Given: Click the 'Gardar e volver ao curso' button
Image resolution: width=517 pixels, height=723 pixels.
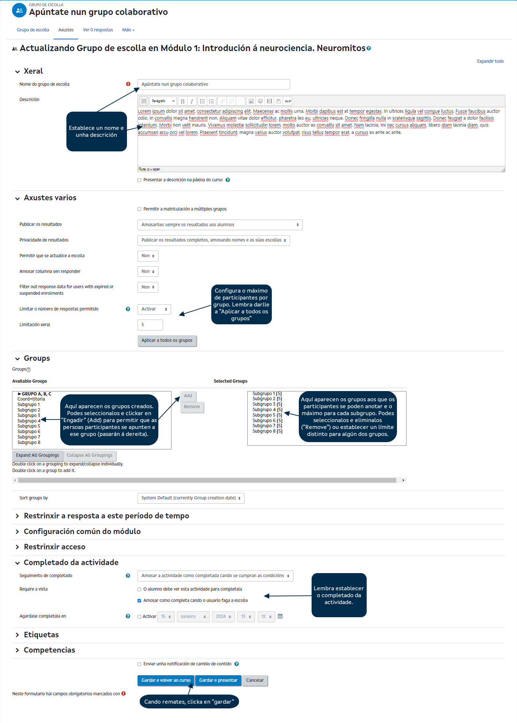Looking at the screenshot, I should (x=166, y=680).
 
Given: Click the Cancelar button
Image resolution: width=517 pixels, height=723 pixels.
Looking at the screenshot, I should (x=255, y=680).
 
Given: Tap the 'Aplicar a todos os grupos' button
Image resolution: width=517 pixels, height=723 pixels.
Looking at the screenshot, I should (x=167, y=340).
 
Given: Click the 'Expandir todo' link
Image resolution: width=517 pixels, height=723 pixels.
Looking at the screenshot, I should (x=490, y=61).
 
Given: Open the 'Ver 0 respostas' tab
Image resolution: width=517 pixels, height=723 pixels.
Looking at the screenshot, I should (x=98, y=30).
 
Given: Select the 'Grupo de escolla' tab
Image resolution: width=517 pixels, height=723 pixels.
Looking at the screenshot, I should (x=33, y=30).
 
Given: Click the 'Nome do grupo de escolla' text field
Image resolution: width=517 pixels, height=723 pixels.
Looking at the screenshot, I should (x=213, y=84).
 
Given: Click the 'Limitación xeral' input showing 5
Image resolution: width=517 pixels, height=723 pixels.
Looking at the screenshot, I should (x=150, y=325).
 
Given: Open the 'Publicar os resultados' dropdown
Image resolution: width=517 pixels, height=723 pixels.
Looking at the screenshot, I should (x=220, y=225).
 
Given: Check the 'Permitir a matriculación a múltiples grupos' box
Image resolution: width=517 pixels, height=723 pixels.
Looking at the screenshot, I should (x=139, y=209).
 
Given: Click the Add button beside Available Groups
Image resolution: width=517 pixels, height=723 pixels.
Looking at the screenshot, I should (x=188, y=396).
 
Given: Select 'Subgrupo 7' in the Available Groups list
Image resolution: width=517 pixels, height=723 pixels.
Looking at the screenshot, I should (x=29, y=437).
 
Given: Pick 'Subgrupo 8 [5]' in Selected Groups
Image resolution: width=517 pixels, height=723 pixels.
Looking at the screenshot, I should (x=267, y=431).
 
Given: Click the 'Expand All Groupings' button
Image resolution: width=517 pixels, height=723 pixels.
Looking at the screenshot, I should (x=37, y=455).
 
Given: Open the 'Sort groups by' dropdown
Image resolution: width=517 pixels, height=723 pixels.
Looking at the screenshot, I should (x=190, y=498).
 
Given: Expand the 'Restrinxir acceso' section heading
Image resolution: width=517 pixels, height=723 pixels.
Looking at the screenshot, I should (x=54, y=547).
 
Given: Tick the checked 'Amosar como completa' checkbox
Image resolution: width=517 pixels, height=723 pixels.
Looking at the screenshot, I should (x=139, y=601).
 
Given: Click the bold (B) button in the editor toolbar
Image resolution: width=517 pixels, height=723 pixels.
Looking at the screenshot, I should (x=182, y=101).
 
